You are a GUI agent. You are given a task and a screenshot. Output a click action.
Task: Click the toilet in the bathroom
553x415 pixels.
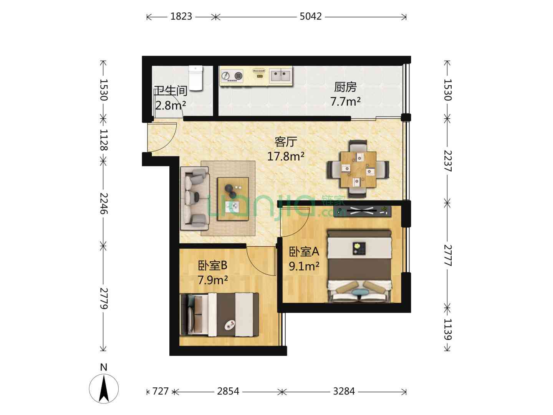click(195, 78)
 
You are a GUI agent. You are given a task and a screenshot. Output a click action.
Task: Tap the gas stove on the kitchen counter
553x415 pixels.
click(232, 76)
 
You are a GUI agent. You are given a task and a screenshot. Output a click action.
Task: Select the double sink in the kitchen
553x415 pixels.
click(280, 76)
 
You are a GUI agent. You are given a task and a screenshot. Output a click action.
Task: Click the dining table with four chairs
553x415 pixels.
click(358, 169)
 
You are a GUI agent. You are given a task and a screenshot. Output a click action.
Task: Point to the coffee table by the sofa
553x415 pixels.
click(233, 199)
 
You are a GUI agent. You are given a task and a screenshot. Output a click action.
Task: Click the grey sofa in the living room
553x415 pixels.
click(194, 198)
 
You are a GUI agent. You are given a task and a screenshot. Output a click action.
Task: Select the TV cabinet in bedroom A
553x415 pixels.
click(363, 211)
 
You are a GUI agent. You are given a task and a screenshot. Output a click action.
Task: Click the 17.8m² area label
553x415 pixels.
click(285, 157)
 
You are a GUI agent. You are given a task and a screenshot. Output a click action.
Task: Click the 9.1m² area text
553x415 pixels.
click(304, 266)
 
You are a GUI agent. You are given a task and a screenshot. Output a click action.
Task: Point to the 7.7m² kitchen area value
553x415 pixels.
click(345, 101)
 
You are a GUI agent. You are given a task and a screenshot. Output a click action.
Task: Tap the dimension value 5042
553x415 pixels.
click(311, 17)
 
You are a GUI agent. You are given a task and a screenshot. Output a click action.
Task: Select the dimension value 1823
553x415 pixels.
click(181, 17)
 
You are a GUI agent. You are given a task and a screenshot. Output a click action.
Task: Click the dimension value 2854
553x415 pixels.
click(228, 391)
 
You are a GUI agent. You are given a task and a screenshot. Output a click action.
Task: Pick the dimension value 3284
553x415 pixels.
click(344, 391)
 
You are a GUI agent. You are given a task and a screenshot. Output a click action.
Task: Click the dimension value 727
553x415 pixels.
click(161, 391)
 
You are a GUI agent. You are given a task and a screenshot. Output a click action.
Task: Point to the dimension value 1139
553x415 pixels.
click(447, 329)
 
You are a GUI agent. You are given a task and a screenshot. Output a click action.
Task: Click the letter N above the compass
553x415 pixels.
click(104, 367)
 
